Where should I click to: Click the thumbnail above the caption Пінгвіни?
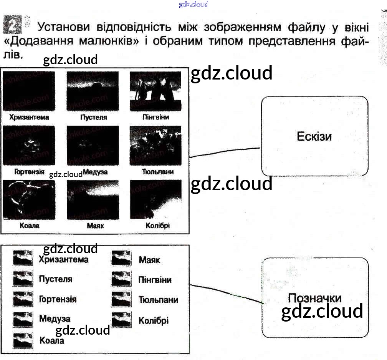(155, 91)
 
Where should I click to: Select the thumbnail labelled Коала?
(29, 199)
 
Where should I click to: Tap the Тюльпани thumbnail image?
(155, 146)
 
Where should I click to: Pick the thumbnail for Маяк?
(93, 199)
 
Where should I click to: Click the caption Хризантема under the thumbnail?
(29, 117)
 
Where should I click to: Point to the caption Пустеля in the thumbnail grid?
(94, 117)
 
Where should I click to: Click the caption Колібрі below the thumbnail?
(158, 226)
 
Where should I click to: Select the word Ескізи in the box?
(314, 136)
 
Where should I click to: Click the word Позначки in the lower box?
(315, 298)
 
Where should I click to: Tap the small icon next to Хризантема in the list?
(23, 258)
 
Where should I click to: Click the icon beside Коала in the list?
(23, 340)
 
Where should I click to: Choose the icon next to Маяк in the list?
(121, 258)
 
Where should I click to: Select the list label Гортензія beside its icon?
(58, 299)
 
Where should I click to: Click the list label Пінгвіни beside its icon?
(155, 280)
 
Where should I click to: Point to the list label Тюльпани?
(159, 300)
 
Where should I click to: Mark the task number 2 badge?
(12, 25)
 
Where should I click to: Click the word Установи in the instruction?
(63, 27)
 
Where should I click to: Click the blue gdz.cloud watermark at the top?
(193, 4)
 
